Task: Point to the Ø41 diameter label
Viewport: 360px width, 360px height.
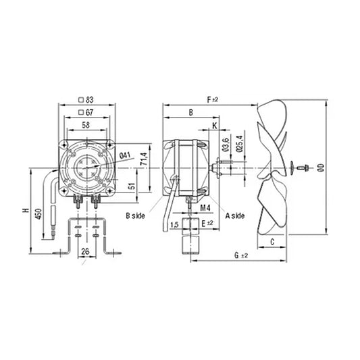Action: tap(124, 156)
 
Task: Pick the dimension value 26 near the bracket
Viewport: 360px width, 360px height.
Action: tap(85, 252)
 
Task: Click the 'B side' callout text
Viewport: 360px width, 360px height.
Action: tap(136, 215)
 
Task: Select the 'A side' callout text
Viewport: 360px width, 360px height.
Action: tap(235, 215)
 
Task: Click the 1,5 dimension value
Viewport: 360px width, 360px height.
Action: tap(174, 224)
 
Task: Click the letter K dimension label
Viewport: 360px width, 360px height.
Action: tap(214, 126)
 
